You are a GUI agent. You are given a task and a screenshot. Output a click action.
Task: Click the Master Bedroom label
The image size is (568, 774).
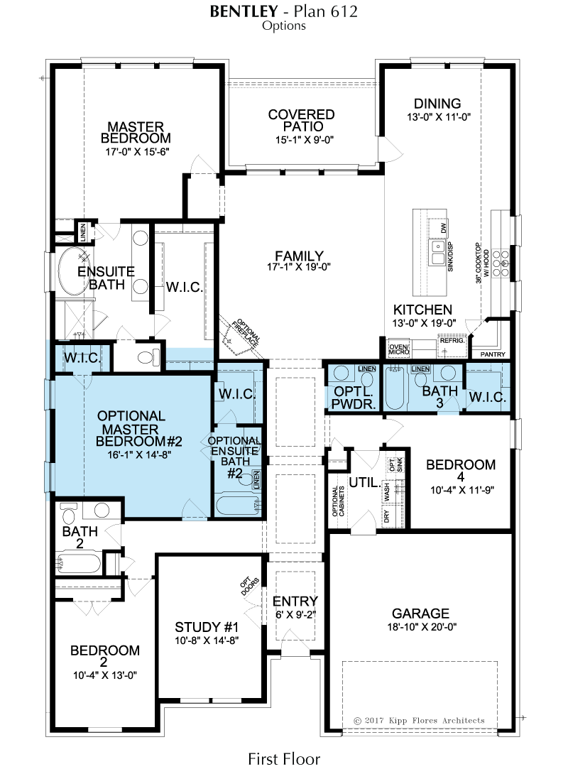pos(136,132)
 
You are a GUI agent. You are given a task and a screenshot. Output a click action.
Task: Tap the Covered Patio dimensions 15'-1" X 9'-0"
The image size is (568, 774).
pos(305,140)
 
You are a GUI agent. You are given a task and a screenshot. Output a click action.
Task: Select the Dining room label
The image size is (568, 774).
pos(437,104)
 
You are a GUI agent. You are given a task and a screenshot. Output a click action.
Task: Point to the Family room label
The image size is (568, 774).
pos(299,256)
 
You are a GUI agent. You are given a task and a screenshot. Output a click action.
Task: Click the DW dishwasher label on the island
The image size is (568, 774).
pos(443,228)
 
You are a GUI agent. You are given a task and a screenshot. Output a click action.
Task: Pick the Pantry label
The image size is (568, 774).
pos(493,354)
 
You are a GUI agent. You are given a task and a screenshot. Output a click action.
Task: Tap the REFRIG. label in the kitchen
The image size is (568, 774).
pos(452,341)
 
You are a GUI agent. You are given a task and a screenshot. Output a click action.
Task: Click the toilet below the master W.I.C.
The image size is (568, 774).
pos(148,356)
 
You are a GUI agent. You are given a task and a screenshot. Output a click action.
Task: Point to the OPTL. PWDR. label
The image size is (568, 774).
pos(354,398)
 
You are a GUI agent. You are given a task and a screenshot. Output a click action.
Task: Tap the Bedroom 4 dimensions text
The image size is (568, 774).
pos(462,490)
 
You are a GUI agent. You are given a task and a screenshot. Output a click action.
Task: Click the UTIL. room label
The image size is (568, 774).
pos(365,482)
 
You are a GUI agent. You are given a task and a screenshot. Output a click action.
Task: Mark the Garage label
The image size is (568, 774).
pos(420,614)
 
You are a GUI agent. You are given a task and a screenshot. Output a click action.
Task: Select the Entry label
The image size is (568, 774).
pos(295,601)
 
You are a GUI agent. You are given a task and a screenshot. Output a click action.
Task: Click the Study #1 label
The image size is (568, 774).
pos(207,627)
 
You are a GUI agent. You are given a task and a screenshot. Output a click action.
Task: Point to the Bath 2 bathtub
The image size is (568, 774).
pos(79,562)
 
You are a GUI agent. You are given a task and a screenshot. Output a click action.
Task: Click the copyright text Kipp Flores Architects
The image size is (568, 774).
pos(419,721)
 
